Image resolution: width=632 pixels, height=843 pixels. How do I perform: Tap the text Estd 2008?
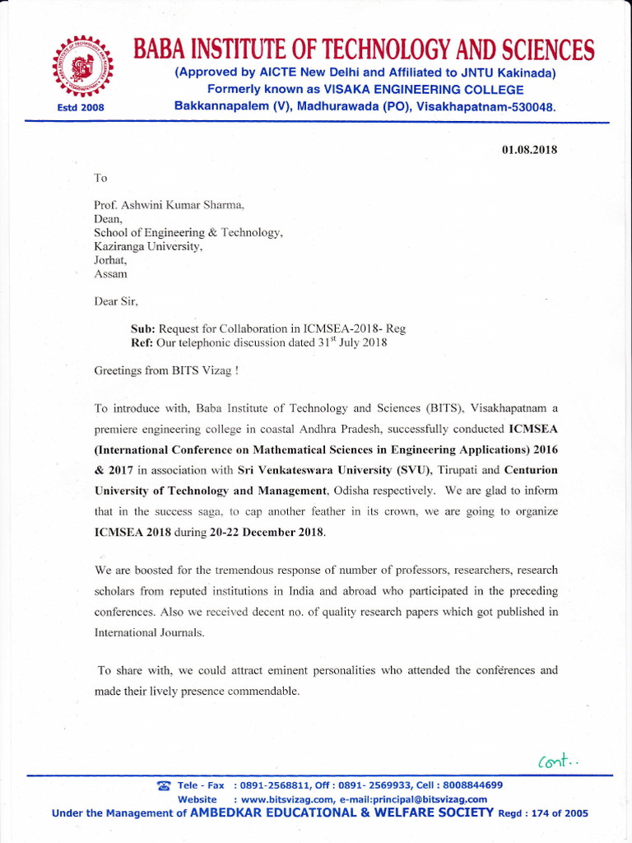81,107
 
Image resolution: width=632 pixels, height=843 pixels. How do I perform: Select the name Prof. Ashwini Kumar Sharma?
170,204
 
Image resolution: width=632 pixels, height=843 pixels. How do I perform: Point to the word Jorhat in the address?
108,259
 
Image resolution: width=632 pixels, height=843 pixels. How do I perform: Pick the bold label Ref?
142,342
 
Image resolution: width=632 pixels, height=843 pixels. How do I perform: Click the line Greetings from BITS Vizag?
166,370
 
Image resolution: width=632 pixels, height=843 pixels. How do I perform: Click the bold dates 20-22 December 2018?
267,532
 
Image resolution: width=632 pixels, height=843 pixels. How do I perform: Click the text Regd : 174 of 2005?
543,813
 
